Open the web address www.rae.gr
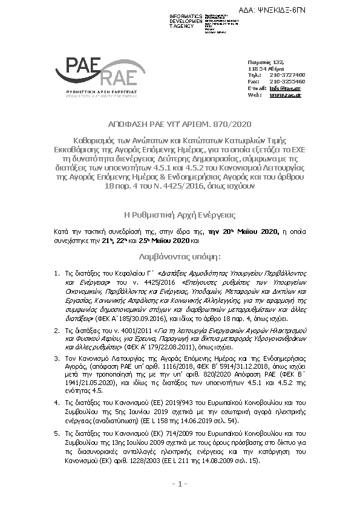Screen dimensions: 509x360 click(285, 95)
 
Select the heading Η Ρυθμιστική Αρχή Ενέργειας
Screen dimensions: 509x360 click(180, 215)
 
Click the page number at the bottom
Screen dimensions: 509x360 click(180, 484)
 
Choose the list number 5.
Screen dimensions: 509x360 click(56, 434)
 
